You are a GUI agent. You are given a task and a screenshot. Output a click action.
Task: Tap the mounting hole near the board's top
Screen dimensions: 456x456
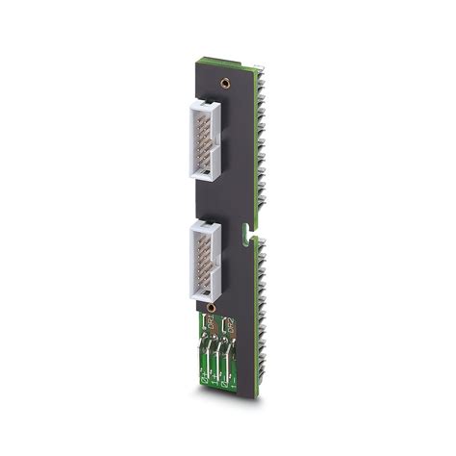coord(224,84)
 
